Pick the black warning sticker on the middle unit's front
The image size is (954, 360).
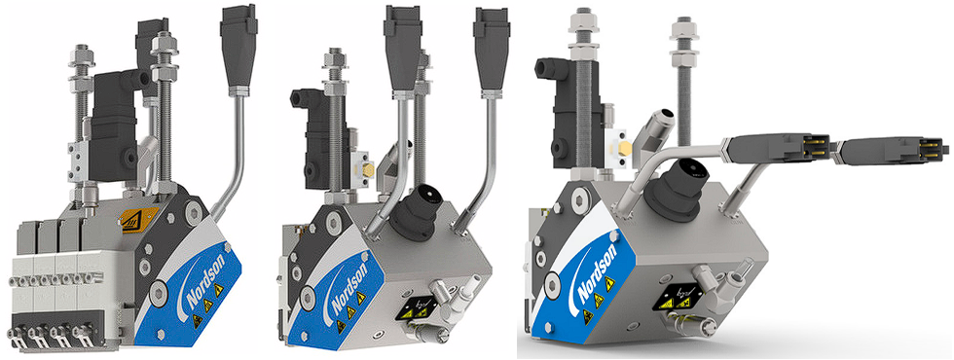414,309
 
